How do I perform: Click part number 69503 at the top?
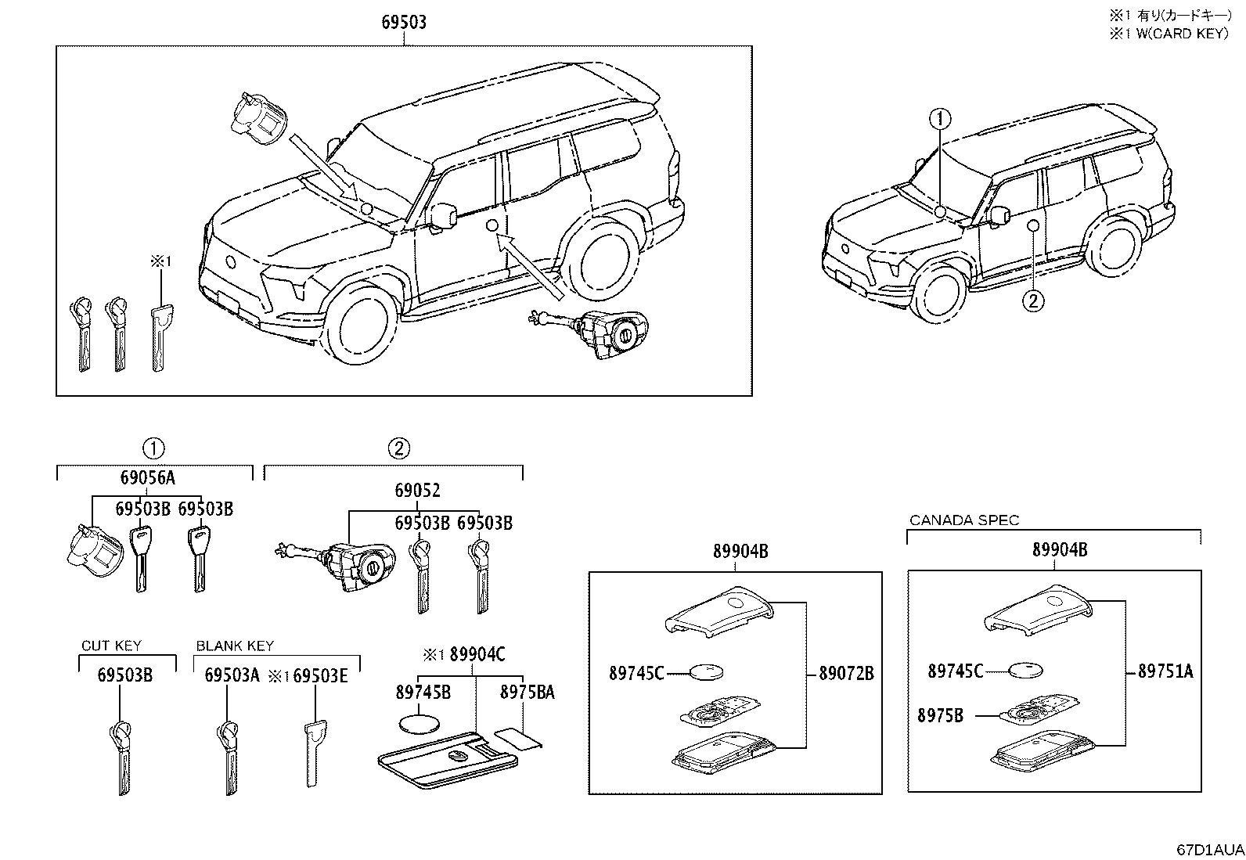click(404, 23)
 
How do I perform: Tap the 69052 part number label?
click(417, 491)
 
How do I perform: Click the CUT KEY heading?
click(111, 646)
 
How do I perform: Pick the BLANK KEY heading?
click(235, 646)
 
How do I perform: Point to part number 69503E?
click(319, 675)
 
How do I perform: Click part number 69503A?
click(232, 675)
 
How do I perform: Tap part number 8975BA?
click(528, 692)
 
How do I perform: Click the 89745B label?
click(423, 692)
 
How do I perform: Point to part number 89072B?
click(846, 673)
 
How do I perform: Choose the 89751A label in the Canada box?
click(1165, 671)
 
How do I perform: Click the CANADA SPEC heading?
click(964, 520)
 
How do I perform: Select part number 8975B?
click(941, 714)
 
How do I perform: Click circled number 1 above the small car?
click(940, 119)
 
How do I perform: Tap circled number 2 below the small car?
click(1033, 300)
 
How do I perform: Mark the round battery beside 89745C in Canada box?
click(1026, 670)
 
